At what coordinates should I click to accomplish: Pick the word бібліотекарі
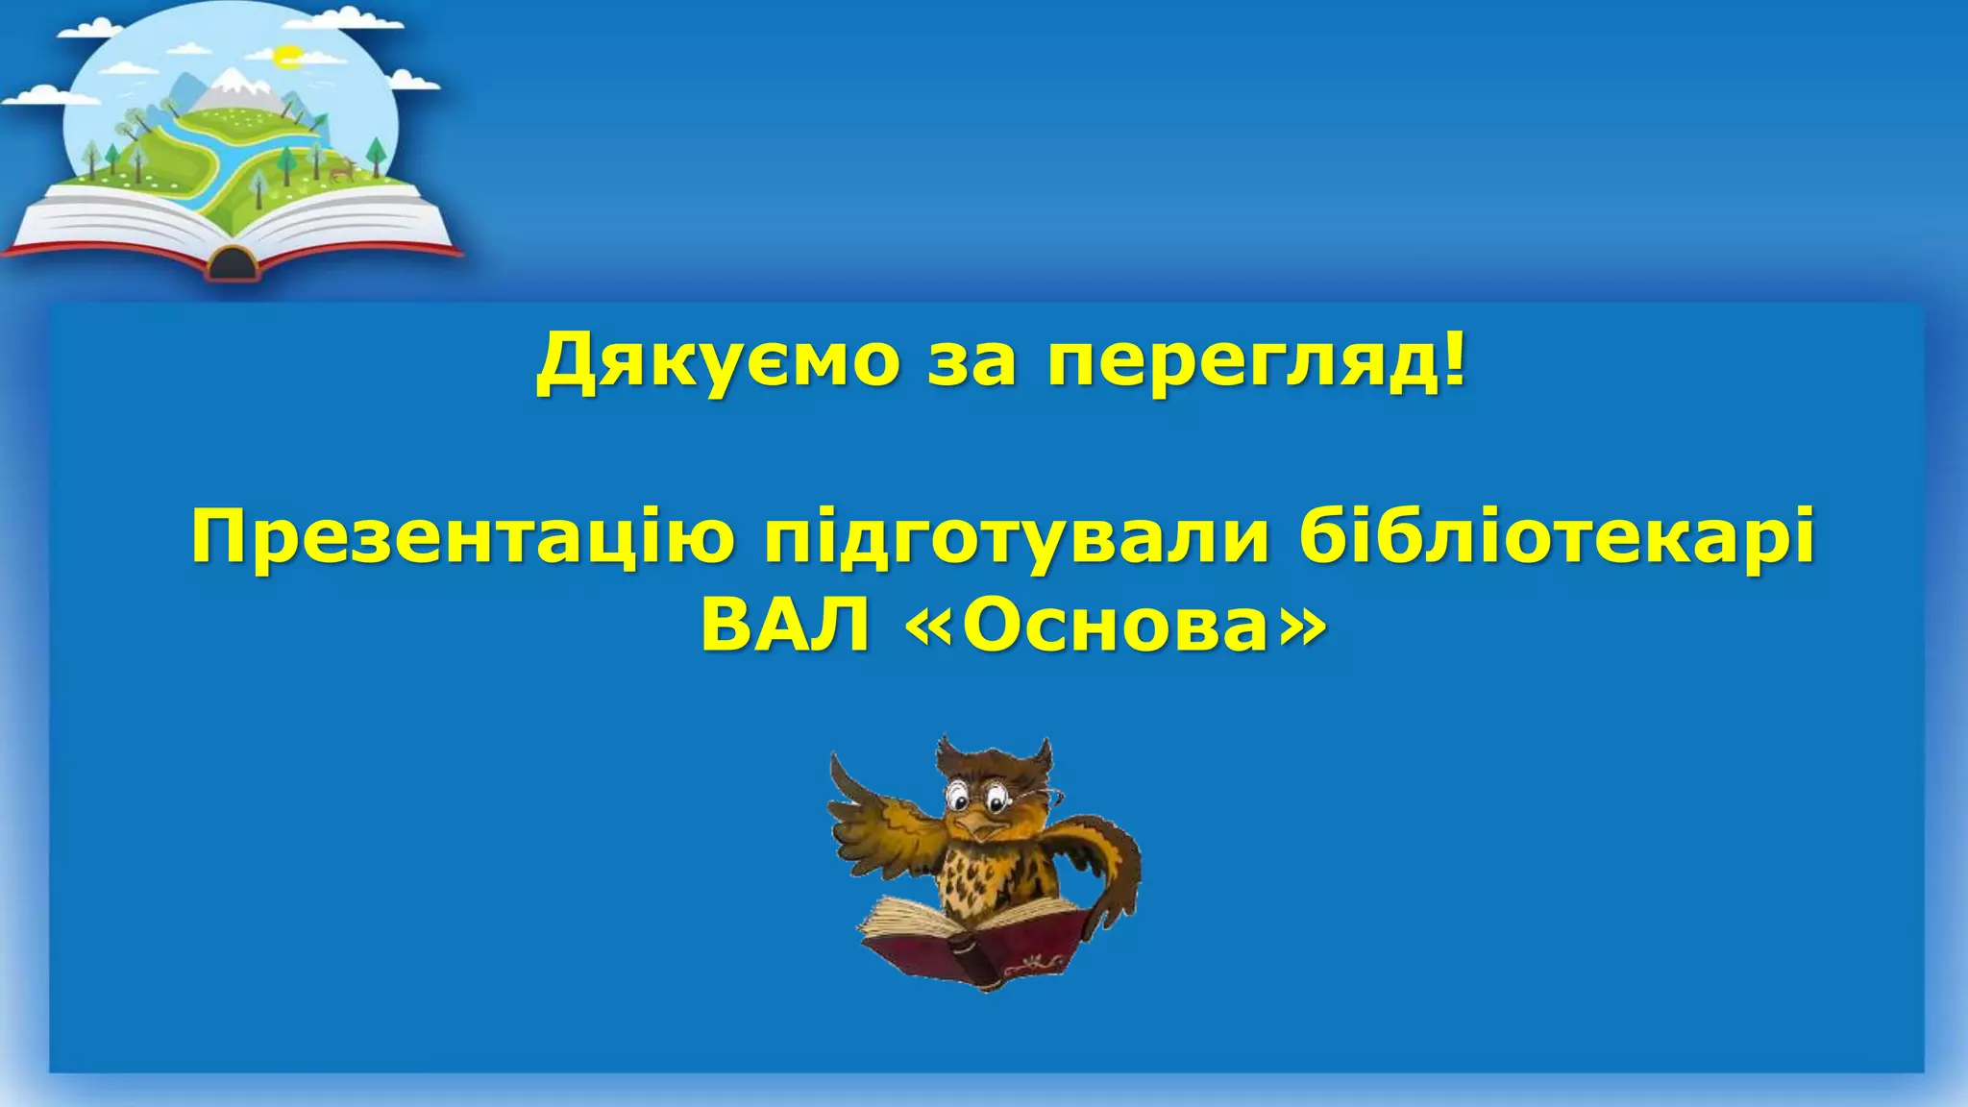click(1556, 540)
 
